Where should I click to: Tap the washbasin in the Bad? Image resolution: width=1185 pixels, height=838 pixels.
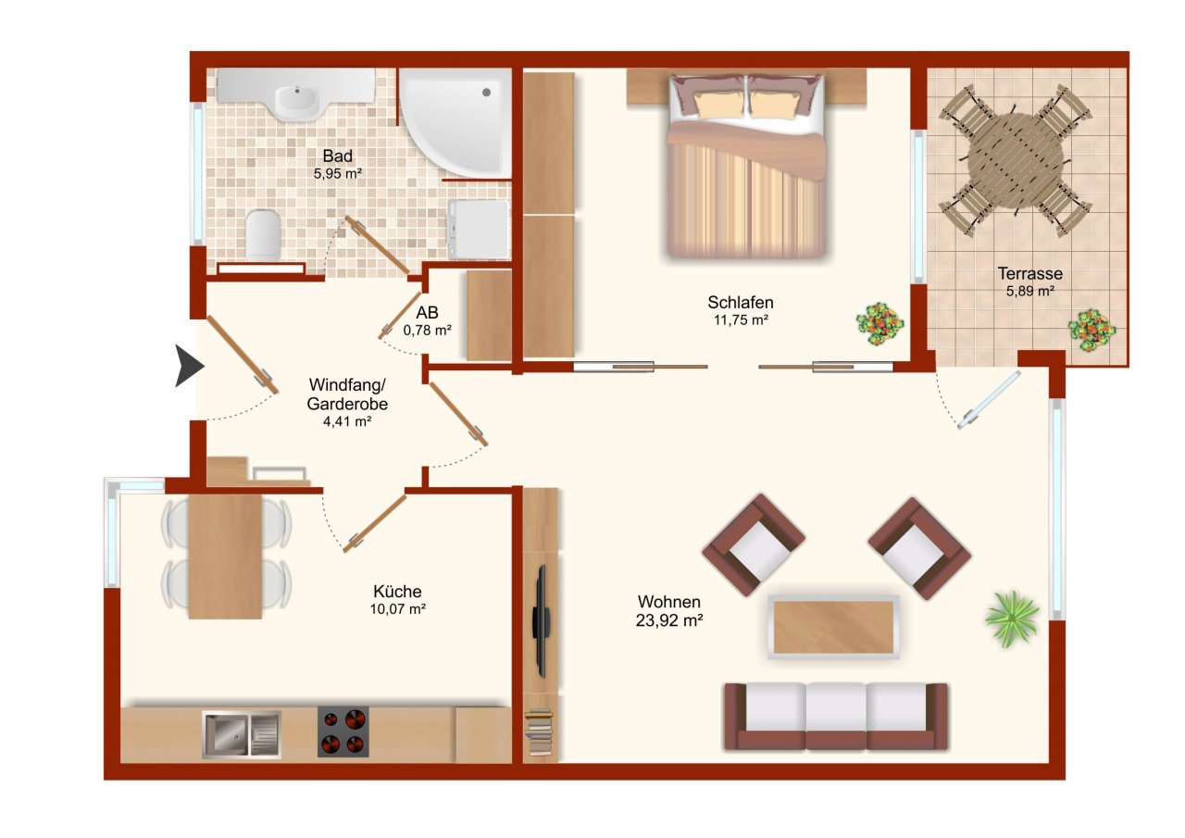pyautogui.click(x=297, y=102)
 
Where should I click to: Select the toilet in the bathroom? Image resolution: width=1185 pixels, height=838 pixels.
pyautogui.click(x=263, y=235)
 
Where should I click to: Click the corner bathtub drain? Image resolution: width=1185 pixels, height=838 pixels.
pyautogui.click(x=486, y=92)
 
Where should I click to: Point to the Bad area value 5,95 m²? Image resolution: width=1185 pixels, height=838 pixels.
pyautogui.click(x=338, y=173)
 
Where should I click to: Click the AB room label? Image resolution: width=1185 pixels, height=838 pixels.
pyautogui.click(x=427, y=313)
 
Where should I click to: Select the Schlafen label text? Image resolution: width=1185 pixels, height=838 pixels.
pyautogui.click(x=741, y=302)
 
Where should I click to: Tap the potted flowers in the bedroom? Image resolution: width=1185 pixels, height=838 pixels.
pyautogui.click(x=879, y=324)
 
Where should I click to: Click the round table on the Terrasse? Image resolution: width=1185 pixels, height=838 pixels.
pyautogui.click(x=1016, y=161)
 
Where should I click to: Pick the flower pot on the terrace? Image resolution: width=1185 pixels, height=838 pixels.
pyautogui.click(x=1091, y=331)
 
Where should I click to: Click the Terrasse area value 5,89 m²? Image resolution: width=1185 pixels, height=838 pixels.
pyautogui.click(x=1030, y=291)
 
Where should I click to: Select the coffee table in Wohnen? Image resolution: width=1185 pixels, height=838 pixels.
pyautogui.click(x=833, y=627)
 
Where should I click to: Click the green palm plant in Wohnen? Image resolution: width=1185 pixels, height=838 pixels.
pyautogui.click(x=1012, y=619)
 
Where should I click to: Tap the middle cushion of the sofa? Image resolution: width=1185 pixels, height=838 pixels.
pyautogui.click(x=836, y=707)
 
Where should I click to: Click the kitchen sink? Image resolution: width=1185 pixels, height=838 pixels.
pyautogui.click(x=242, y=734)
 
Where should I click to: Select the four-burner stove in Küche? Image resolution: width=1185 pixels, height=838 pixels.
pyautogui.click(x=343, y=732)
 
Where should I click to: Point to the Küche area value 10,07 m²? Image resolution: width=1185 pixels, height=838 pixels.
pyautogui.click(x=398, y=609)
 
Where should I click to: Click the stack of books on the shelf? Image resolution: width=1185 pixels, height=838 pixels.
pyautogui.click(x=539, y=732)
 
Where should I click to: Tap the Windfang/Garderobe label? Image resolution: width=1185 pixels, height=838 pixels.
pyautogui.click(x=347, y=394)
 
